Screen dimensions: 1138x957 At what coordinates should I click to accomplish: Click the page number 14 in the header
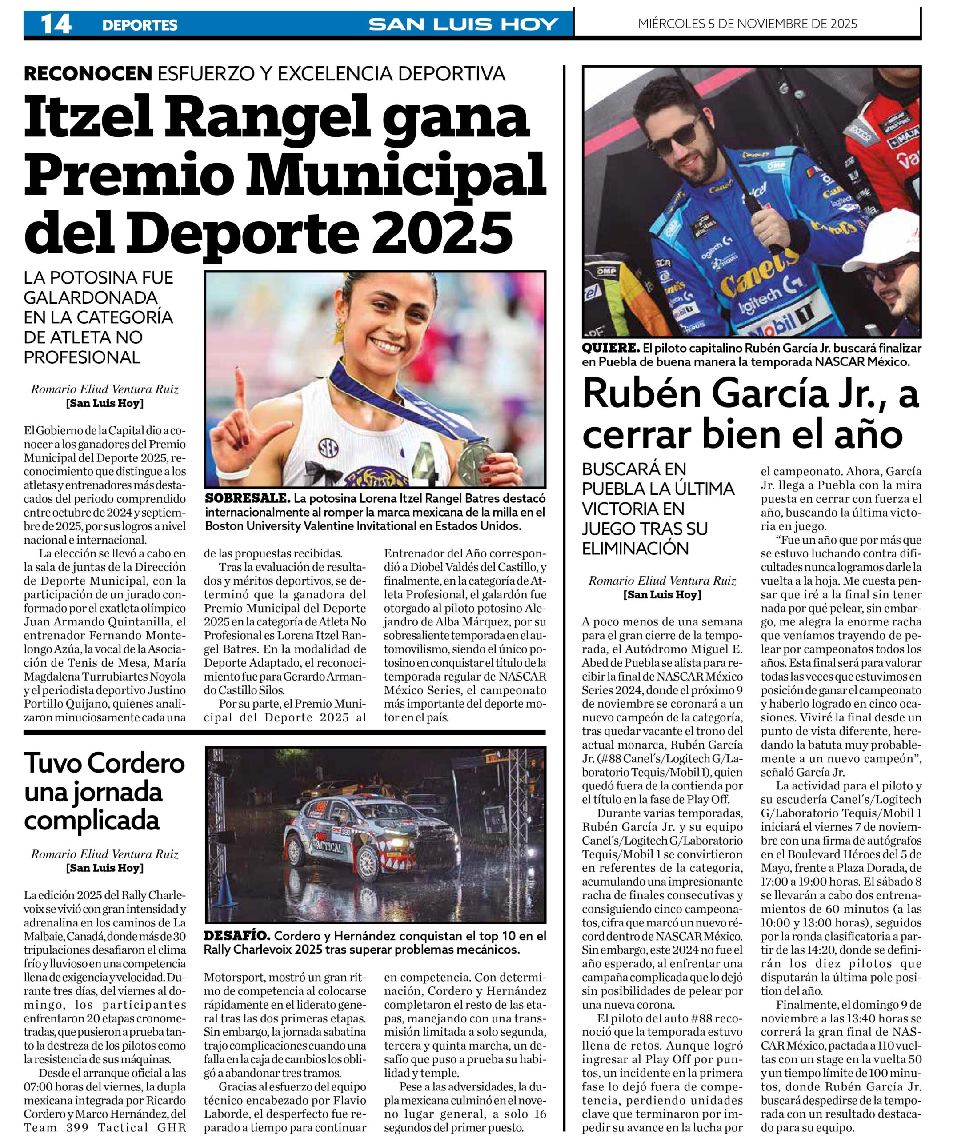(56, 24)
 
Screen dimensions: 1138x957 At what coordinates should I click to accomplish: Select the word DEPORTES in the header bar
(140, 25)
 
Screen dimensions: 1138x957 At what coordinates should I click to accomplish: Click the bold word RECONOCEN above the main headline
(88, 73)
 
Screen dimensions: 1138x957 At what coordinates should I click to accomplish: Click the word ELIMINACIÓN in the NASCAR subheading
(635, 549)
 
